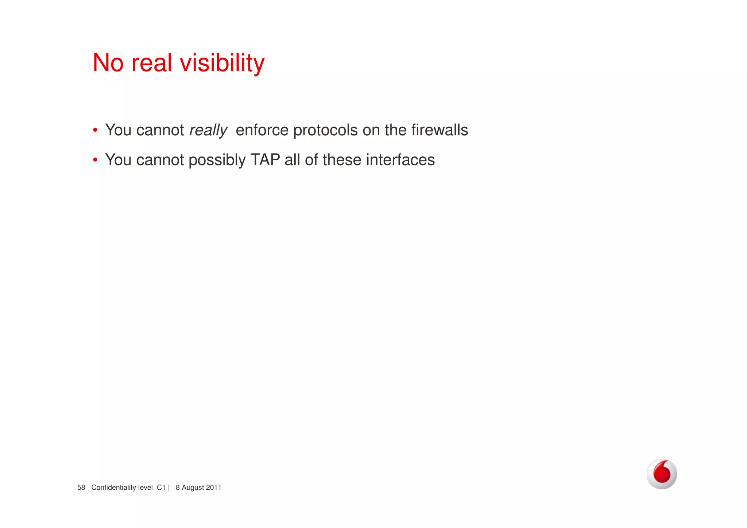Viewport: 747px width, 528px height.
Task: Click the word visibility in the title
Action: coord(222,63)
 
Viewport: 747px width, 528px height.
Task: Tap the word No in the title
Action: coord(108,63)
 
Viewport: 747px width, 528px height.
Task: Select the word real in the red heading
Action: coord(151,63)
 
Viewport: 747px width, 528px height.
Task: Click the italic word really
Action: coord(208,130)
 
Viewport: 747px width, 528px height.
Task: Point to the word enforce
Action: coord(262,130)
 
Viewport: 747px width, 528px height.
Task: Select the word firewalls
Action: coord(440,130)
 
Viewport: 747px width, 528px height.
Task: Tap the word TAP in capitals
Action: coord(265,160)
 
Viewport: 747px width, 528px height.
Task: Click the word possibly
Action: coord(217,161)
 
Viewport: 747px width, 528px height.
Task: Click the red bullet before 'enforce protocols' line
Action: coord(95,130)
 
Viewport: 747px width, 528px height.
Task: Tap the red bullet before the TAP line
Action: coord(95,160)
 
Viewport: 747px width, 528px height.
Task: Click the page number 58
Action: coord(81,487)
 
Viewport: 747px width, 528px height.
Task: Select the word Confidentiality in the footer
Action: coord(114,487)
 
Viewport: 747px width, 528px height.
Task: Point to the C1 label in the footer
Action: coord(161,487)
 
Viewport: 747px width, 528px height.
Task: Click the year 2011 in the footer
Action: coord(213,487)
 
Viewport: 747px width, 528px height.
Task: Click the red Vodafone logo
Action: coord(662,474)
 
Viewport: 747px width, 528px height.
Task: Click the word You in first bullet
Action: coord(118,130)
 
